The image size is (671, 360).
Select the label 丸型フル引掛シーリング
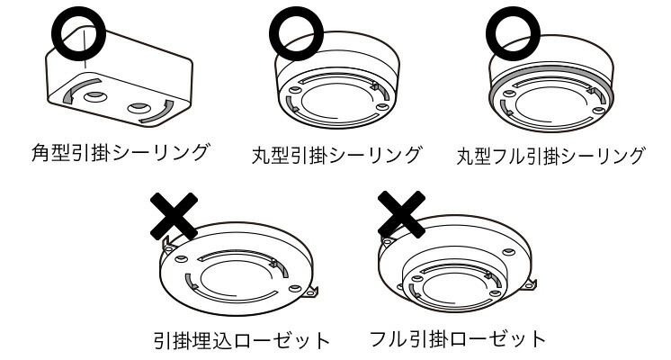(550, 155)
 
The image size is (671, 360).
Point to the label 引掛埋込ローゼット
(240, 341)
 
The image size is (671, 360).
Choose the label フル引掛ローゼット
(458, 339)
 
